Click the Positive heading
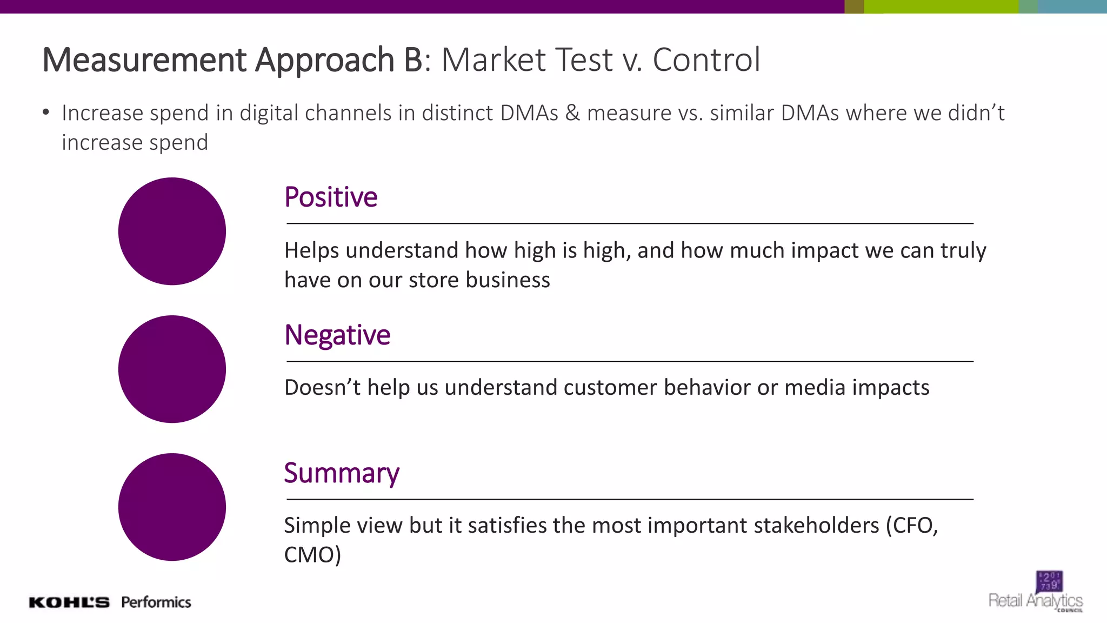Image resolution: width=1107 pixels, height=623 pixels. coord(331,197)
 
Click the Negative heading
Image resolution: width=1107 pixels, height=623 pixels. coord(337,335)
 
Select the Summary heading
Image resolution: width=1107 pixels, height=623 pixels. coord(342,473)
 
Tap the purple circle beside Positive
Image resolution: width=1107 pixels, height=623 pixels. coord(172,231)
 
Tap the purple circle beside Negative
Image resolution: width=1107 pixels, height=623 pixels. coord(172,369)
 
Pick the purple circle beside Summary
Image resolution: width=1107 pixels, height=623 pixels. coord(172,507)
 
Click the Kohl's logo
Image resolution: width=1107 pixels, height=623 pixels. coord(69,602)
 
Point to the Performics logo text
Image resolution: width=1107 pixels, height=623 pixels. coord(156,602)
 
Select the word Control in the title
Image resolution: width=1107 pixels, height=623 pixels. coord(706,59)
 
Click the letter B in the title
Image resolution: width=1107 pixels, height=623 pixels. coord(413,59)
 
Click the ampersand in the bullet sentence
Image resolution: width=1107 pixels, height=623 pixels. coord(572,113)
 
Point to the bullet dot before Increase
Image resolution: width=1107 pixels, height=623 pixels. coord(46,112)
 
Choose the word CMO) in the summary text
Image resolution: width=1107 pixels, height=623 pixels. coord(312,555)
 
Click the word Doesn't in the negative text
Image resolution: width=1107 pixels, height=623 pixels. coord(322,388)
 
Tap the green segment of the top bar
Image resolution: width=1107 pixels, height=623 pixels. coord(941,6)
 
